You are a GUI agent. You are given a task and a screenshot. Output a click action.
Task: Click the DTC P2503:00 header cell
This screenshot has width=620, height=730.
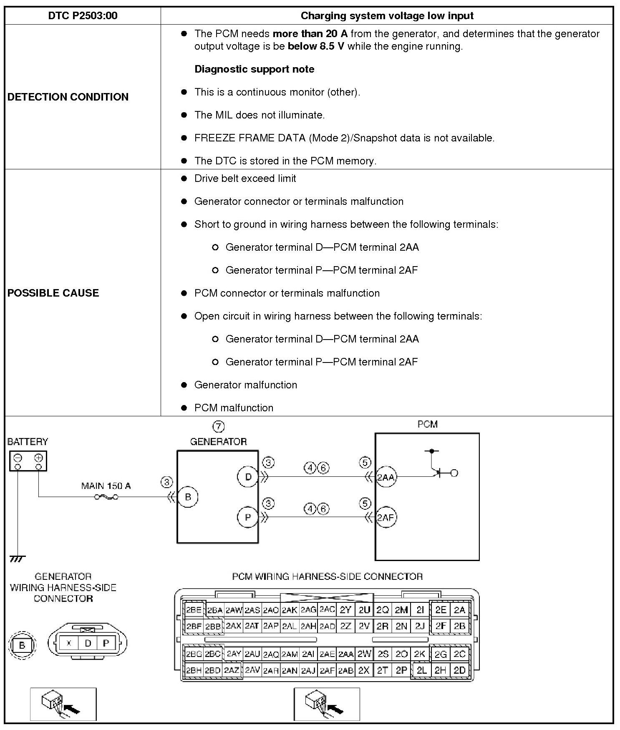pyautogui.click(x=83, y=16)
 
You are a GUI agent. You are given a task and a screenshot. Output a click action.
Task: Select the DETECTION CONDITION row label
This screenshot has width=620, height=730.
pyautogui.click(x=68, y=97)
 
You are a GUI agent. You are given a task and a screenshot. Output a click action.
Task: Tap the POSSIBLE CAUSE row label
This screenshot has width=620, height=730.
pyautogui.click(x=53, y=293)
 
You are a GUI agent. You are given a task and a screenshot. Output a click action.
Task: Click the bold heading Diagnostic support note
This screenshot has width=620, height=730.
pyautogui.click(x=254, y=69)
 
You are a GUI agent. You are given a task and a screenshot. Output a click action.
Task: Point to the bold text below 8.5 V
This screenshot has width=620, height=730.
pyautogui.click(x=316, y=46)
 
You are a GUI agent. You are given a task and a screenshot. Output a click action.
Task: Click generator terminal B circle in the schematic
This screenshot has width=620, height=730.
pyautogui.click(x=188, y=497)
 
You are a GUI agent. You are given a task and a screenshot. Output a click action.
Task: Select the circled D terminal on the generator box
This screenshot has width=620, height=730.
pyautogui.click(x=248, y=477)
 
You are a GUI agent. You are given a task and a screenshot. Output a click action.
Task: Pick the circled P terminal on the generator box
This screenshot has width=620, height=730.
pyautogui.click(x=248, y=517)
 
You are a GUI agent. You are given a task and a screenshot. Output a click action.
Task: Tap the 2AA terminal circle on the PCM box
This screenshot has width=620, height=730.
pyautogui.click(x=386, y=477)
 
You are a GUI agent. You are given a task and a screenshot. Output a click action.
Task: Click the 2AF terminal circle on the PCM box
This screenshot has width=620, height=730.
pyautogui.click(x=386, y=518)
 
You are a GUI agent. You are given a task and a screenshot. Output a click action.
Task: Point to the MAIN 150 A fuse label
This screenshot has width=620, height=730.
pyautogui.click(x=106, y=486)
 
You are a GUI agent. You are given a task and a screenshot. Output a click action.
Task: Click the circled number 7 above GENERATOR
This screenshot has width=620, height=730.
pyautogui.click(x=219, y=426)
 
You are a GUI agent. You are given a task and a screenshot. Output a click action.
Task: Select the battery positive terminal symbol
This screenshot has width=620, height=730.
pyautogui.click(x=38, y=457)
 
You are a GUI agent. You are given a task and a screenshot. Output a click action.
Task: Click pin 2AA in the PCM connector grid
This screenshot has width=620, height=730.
pyautogui.click(x=345, y=654)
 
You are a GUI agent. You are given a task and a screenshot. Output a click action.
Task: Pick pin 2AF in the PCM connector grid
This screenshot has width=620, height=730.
pyautogui.click(x=327, y=670)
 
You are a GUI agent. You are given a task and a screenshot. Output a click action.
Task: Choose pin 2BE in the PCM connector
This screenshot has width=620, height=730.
pyautogui.click(x=194, y=610)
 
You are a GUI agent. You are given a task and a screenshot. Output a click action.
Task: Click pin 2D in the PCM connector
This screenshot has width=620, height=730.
pyautogui.click(x=459, y=670)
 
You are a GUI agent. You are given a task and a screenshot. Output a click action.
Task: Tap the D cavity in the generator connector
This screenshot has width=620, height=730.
pyautogui.click(x=88, y=643)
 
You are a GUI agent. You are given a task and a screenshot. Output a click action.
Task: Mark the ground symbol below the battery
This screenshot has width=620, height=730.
pyautogui.click(x=17, y=559)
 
